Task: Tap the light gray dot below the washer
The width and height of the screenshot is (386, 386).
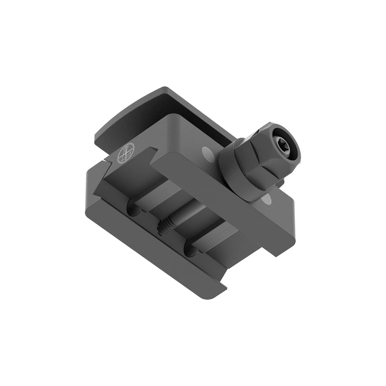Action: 265,200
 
